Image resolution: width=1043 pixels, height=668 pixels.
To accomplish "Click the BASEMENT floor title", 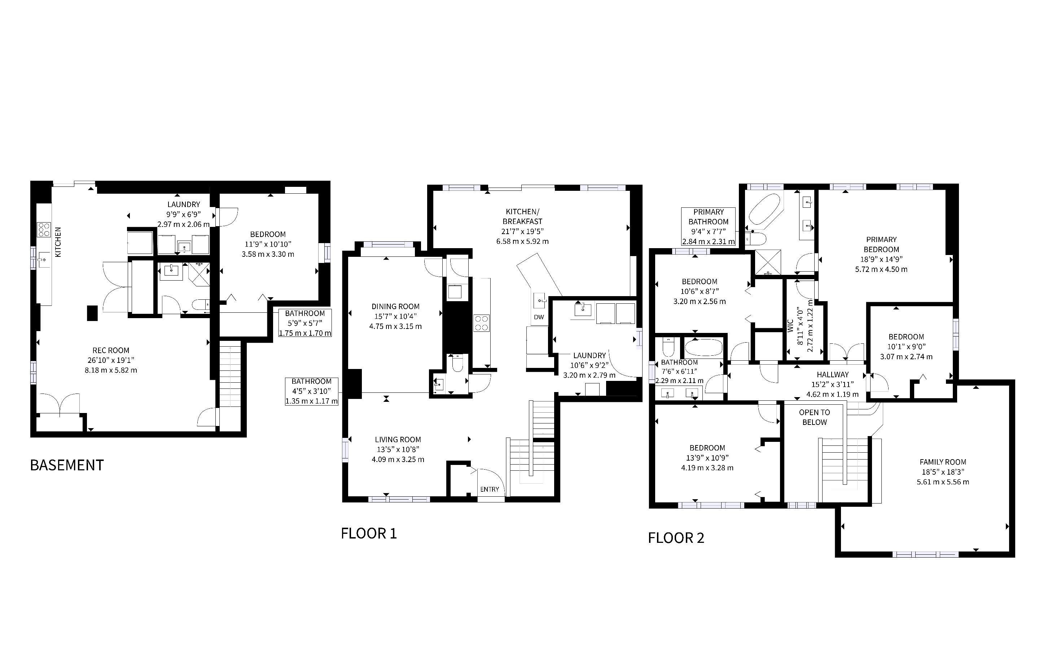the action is pos(67,465).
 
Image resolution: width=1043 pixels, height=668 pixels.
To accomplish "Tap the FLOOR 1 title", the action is pos(369,533).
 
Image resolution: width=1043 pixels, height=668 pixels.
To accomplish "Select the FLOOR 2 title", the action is pos(676,538).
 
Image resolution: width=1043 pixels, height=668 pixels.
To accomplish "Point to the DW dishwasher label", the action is pos(539,317).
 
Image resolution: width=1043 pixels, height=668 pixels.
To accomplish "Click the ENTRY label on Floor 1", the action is pos(490,489).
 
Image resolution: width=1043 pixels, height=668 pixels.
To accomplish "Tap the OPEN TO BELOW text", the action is pos(814,417).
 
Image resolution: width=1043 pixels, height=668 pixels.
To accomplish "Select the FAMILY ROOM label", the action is pos(943,462).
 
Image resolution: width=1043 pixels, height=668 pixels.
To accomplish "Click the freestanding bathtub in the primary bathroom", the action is pos(764,208).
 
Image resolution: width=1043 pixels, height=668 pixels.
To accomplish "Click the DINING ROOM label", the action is pos(395,307).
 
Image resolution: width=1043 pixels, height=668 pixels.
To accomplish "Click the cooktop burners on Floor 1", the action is pos(482,323).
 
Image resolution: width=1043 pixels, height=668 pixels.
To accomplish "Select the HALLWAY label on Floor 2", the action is pos(833,375).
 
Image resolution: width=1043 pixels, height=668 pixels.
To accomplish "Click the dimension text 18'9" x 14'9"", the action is pos(881,259).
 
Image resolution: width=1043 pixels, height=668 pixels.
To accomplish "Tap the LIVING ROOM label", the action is pos(398,440).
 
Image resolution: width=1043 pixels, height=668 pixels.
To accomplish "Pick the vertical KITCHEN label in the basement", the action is pos(58,242).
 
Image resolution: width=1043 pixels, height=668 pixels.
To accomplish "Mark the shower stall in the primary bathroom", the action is pos(768,263).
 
